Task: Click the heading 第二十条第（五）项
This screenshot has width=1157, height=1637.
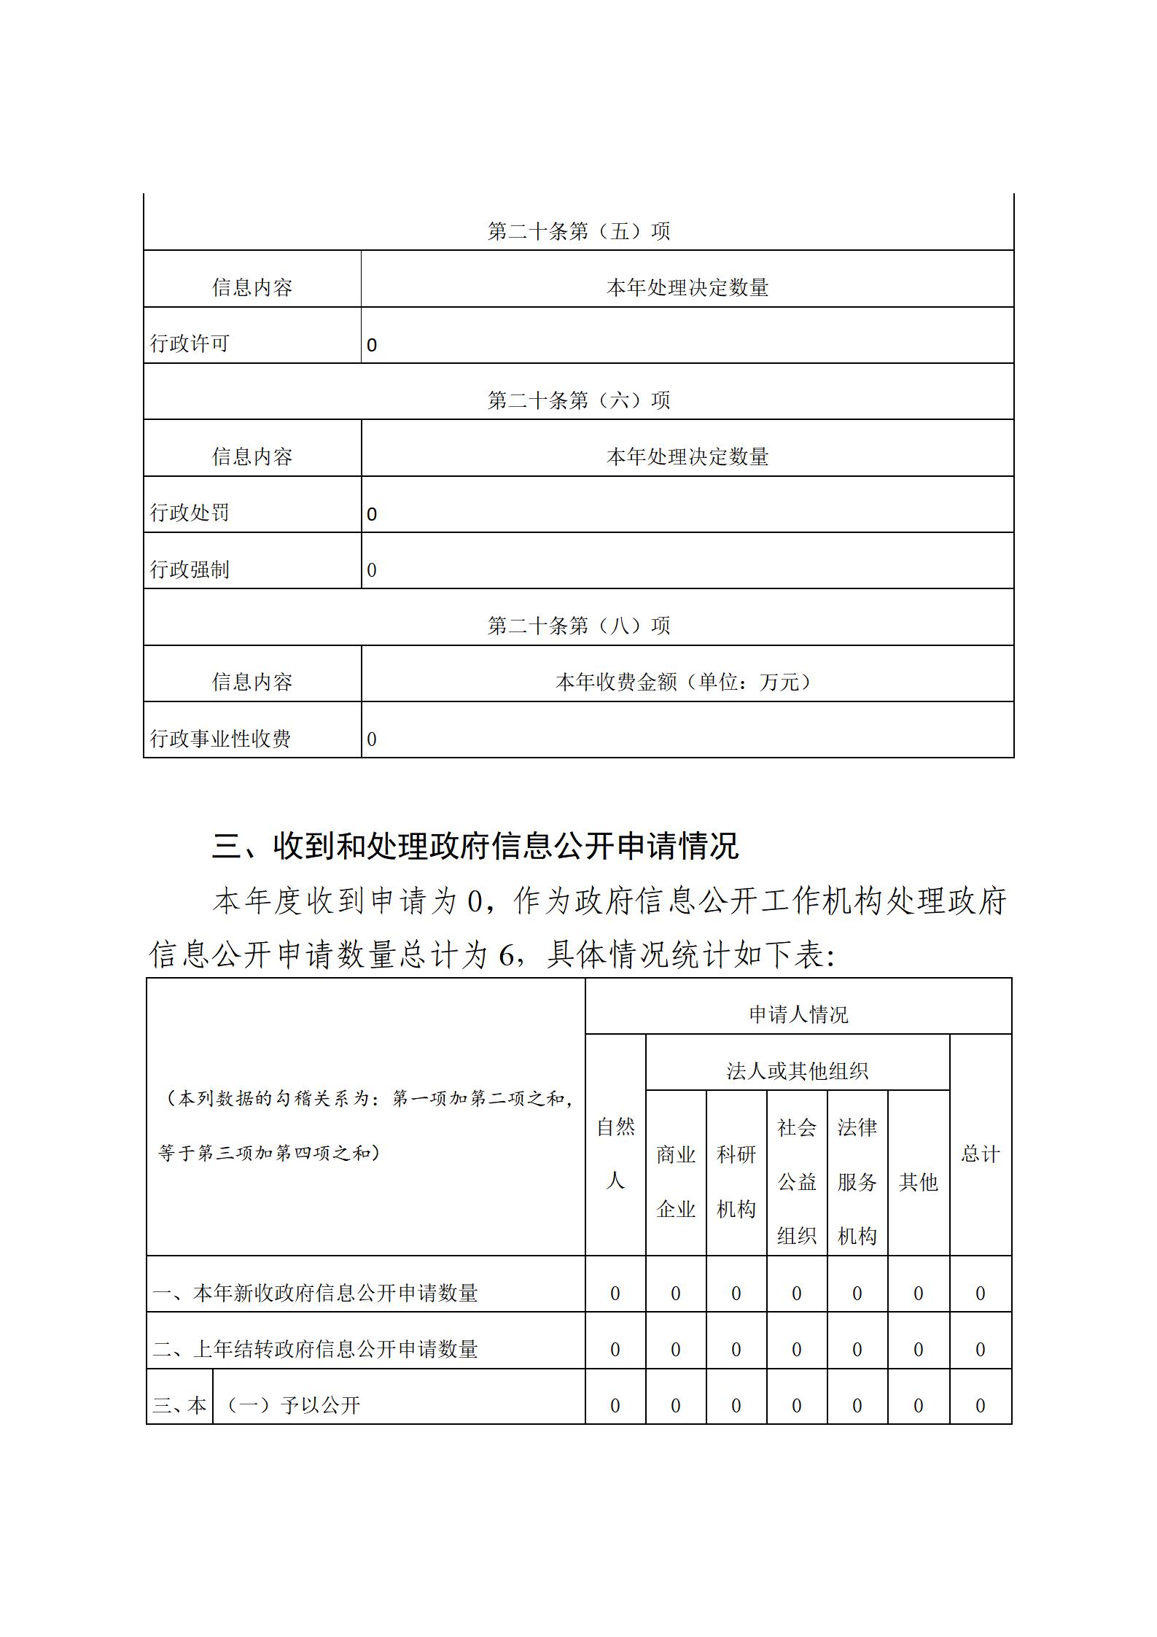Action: [578, 231]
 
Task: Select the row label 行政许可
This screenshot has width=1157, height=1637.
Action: [190, 343]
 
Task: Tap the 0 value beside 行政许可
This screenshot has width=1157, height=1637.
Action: [372, 345]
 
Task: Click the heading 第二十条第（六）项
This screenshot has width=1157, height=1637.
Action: [578, 400]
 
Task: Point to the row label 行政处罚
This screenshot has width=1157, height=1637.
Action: [190, 513]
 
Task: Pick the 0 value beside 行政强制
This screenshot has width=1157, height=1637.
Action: [372, 570]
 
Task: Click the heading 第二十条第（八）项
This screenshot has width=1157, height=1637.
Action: [578, 626]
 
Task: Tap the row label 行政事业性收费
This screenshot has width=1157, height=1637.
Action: [220, 739]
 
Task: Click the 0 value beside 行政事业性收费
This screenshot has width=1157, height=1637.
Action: [372, 739]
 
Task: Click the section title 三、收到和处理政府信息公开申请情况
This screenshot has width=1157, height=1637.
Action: [475, 846]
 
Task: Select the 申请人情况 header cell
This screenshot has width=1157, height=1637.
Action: [798, 1014]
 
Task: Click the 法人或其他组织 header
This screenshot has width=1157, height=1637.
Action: [797, 1070]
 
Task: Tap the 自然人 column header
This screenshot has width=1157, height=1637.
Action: [615, 1153]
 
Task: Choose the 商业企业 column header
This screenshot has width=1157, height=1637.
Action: [676, 1181]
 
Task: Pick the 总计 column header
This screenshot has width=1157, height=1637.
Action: [980, 1154]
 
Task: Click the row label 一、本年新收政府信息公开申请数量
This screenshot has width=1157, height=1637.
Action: [315, 1293]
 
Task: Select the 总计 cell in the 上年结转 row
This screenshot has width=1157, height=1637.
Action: [980, 1350]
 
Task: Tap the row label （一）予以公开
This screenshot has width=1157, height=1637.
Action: [291, 1405]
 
